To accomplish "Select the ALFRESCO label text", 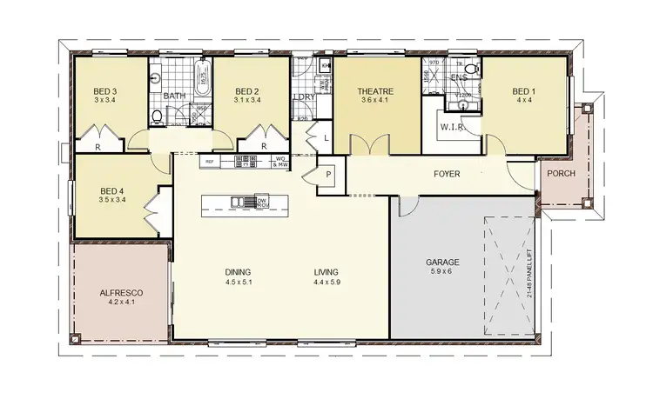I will click(x=121, y=294).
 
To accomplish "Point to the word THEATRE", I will click(x=377, y=90).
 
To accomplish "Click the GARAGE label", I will click(x=442, y=262).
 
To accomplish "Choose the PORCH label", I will click(x=561, y=173).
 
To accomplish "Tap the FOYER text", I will click(x=447, y=174).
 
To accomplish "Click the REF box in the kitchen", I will click(x=209, y=162).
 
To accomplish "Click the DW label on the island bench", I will click(x=261, y=200).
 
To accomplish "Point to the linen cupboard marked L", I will click(x=325, y=137).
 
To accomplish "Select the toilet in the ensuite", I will click(x=470, y=67).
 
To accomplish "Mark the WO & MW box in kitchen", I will click(x=280, y=162).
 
